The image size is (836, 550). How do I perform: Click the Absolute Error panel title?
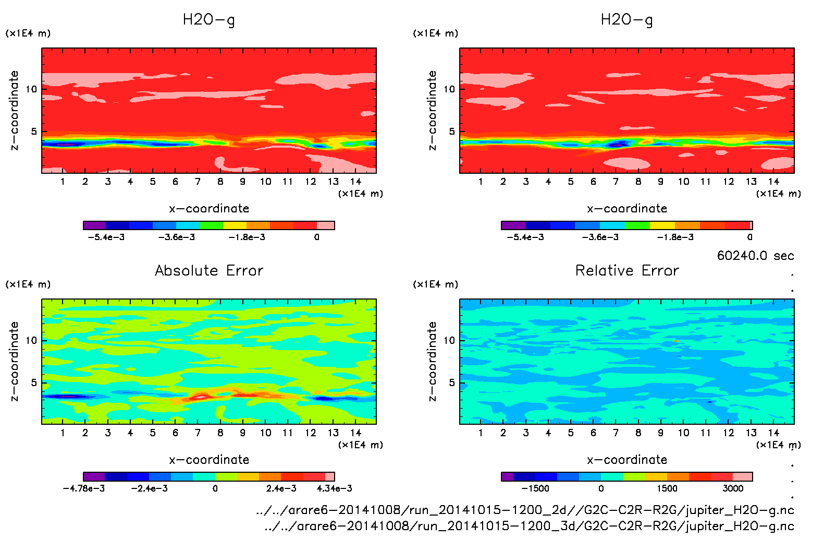click(x=209, y=270)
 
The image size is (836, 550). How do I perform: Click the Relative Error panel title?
click(x=627, y=270)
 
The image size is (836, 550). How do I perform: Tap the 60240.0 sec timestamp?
click(x=755, y=256)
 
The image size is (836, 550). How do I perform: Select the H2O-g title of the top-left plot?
click(x=208, y=20)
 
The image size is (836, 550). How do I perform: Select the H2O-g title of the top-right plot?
click(x=626, y=20)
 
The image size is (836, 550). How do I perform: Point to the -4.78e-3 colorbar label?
click(x=84, y=488)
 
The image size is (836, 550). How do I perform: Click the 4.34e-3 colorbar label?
click(x=334, y=488)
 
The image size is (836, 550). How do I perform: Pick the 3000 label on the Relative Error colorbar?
click(x=733, y=488)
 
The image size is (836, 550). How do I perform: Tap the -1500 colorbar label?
click(x=535, y=488)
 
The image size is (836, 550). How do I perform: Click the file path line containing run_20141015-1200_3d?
click(x=529, y=526)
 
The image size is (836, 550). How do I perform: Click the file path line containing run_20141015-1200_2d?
click(x=525, y=510)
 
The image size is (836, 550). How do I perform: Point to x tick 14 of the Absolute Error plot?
click(x=355, y=433)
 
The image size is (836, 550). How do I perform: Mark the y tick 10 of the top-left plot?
click(x=31, y=89)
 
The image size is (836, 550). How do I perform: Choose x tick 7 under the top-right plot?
click(x=616, y=182)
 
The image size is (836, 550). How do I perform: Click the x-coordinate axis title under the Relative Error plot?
click(x=627, y=460)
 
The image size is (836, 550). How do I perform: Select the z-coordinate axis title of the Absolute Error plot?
click(x=14, y=361)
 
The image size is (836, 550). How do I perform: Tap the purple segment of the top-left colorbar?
click(x=95, y=225)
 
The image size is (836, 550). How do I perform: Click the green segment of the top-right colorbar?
click(x=637, y=225)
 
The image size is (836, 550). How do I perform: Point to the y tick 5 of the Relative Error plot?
click(x=451, y=382)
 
